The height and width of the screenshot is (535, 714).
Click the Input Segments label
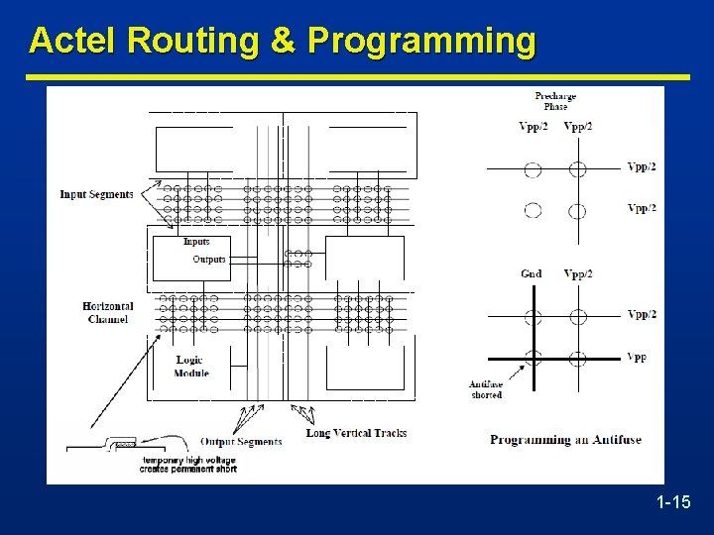pos(96,194)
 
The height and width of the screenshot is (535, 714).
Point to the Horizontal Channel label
pos(108,312)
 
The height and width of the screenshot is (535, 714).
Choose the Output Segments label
pos(241,441)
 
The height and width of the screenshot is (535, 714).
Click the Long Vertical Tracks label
pos(356,433)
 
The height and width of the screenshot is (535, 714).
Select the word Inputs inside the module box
pos(196,242)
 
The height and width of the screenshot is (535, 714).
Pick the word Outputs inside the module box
pos(209,260)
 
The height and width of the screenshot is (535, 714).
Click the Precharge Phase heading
pos(555,101)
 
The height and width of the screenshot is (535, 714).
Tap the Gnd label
pos(532,274)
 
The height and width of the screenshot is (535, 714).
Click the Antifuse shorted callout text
pos(486,389)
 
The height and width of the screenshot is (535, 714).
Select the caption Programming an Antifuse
pos(565,440)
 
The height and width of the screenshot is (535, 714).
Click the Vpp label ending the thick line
pos(637,357)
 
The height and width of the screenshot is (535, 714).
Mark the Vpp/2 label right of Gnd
pos(578,274)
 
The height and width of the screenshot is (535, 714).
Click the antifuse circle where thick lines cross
pos(534,358)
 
